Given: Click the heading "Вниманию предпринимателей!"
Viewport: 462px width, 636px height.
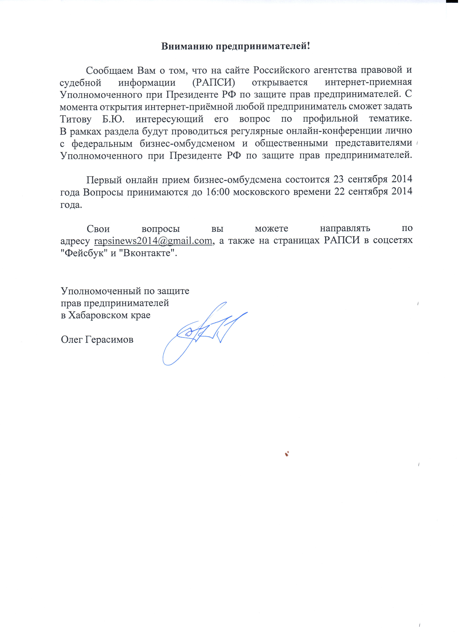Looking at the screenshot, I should (236, 46).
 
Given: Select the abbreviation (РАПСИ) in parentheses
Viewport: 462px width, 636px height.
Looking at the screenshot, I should (214, 83).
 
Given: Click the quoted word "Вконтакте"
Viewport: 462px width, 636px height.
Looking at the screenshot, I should (148, 253).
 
